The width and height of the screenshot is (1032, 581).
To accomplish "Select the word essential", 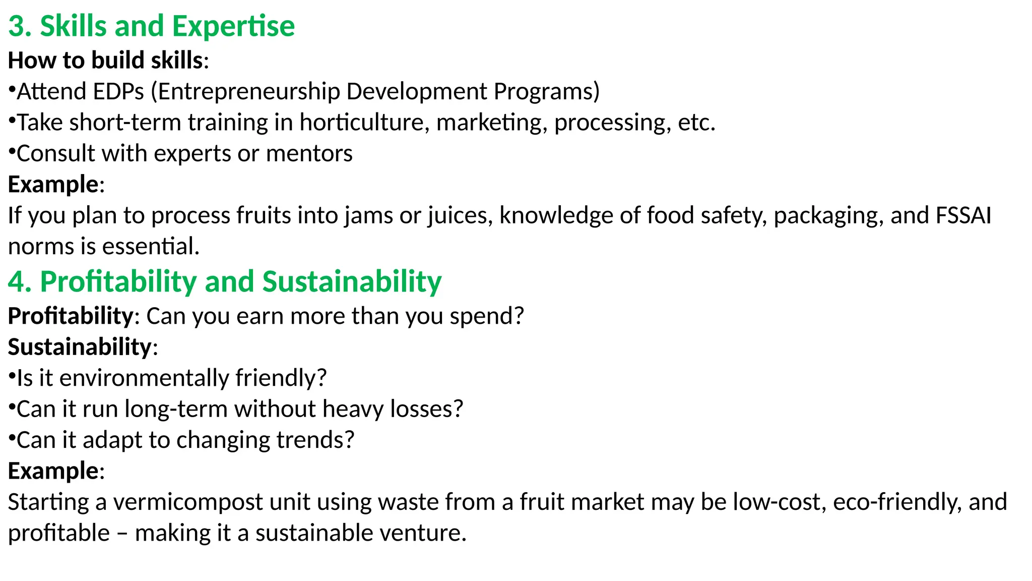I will click(x=150, y=247).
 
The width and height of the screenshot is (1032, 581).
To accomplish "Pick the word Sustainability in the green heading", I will click(x=352, y=281).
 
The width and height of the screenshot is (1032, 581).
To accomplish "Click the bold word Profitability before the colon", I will click(x=71, y=316).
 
